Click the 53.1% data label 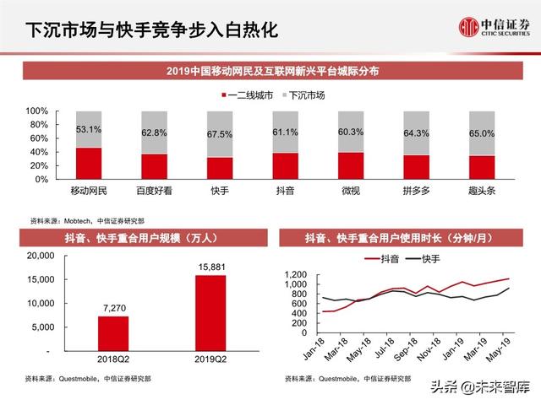89,130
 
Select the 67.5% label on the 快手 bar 220,133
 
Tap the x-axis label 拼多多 417,192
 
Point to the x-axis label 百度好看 154,192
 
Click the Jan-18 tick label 311,346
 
